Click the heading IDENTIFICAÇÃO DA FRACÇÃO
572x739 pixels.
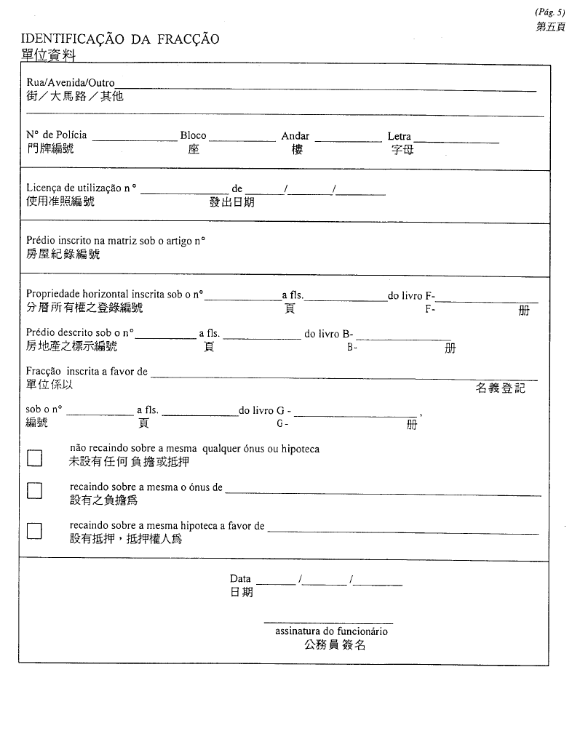tap(120, 39)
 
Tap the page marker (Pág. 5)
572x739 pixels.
tap(549, 12)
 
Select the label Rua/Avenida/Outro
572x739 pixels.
tap(71, 83)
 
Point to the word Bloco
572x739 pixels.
tap(193, 135)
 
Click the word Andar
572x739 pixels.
tap(295, 136)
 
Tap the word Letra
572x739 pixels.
tap(399, 136)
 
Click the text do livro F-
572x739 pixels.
tap(412, 295)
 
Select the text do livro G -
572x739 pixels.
tap(265, 410)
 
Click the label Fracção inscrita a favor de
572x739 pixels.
tap(87, 372)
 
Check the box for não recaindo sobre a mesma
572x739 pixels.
tap(34, 458)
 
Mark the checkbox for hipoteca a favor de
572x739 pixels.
tap(34, 530)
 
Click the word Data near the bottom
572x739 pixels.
tap(240, 578)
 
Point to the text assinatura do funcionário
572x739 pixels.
tap(331, 631)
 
